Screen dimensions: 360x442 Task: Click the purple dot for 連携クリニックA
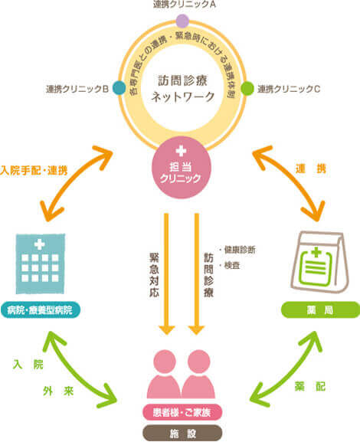pos(182,21)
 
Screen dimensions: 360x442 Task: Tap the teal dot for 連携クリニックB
pos(119,87)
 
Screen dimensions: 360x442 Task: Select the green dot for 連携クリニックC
pos(247,88)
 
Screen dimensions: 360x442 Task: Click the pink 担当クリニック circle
pos(182,168)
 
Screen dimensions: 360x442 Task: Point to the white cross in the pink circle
pos(181,151)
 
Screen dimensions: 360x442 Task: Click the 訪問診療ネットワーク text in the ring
pos(182,89)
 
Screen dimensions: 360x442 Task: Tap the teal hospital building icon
pos(41,264)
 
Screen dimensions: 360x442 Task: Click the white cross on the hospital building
pos(39,244)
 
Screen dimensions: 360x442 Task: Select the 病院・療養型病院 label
pos(40,310)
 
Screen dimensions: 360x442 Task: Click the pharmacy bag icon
pos(319,263)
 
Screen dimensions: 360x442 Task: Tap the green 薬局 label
pos(320,310)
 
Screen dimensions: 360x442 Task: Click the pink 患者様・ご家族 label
pos(182,413)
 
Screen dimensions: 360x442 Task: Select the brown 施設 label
pos(182,434)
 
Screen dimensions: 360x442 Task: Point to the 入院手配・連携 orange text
pos(34,171)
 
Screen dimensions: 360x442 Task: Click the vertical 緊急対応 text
pos(154,275)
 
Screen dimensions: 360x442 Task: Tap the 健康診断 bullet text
pos(237,250)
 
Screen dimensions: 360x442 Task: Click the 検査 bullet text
pos(230,266)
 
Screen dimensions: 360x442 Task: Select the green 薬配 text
pos(310,387)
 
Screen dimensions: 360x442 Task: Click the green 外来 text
pos(58,391)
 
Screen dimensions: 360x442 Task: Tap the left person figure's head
pos(165,362)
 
